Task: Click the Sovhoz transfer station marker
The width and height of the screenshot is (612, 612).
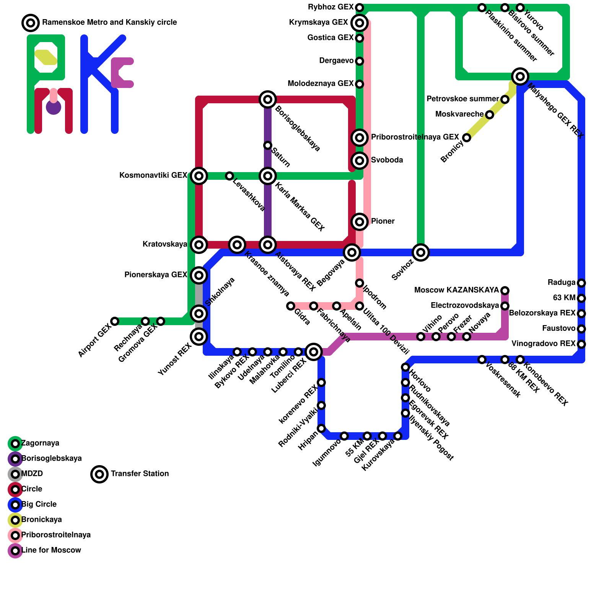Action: (421, 252)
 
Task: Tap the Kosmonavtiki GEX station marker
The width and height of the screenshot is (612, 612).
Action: (199, 176)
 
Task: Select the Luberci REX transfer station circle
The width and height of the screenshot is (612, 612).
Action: (314, 352)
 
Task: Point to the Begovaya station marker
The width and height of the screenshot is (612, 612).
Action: (352, 252)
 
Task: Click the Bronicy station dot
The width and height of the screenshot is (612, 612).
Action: (467, 138)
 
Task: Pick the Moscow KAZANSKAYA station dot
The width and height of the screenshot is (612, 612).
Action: (505, 291)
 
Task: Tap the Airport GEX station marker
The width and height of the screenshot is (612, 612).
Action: (115, 321)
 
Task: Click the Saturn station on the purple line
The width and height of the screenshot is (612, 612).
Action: (268, 145)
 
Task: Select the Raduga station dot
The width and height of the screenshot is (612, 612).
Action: (581, 283)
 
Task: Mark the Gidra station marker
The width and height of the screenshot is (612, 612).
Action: (291, 306)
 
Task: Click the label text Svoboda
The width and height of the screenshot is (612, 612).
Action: (387, 160)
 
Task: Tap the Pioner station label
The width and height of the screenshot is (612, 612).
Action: (382, 221)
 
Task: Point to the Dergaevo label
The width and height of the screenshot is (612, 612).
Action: (336, 61)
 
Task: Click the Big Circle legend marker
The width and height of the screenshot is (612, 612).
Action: (15, 505)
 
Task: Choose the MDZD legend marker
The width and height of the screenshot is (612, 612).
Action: (15, 474)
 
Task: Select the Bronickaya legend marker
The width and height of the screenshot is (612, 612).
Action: (15, 520)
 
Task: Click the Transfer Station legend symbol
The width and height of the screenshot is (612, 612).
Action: (99, 474)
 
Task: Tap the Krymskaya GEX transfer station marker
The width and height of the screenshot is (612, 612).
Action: (360, 23)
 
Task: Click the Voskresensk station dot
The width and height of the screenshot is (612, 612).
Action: (482, 360)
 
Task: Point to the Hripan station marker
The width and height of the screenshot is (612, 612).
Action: (321, 428)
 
